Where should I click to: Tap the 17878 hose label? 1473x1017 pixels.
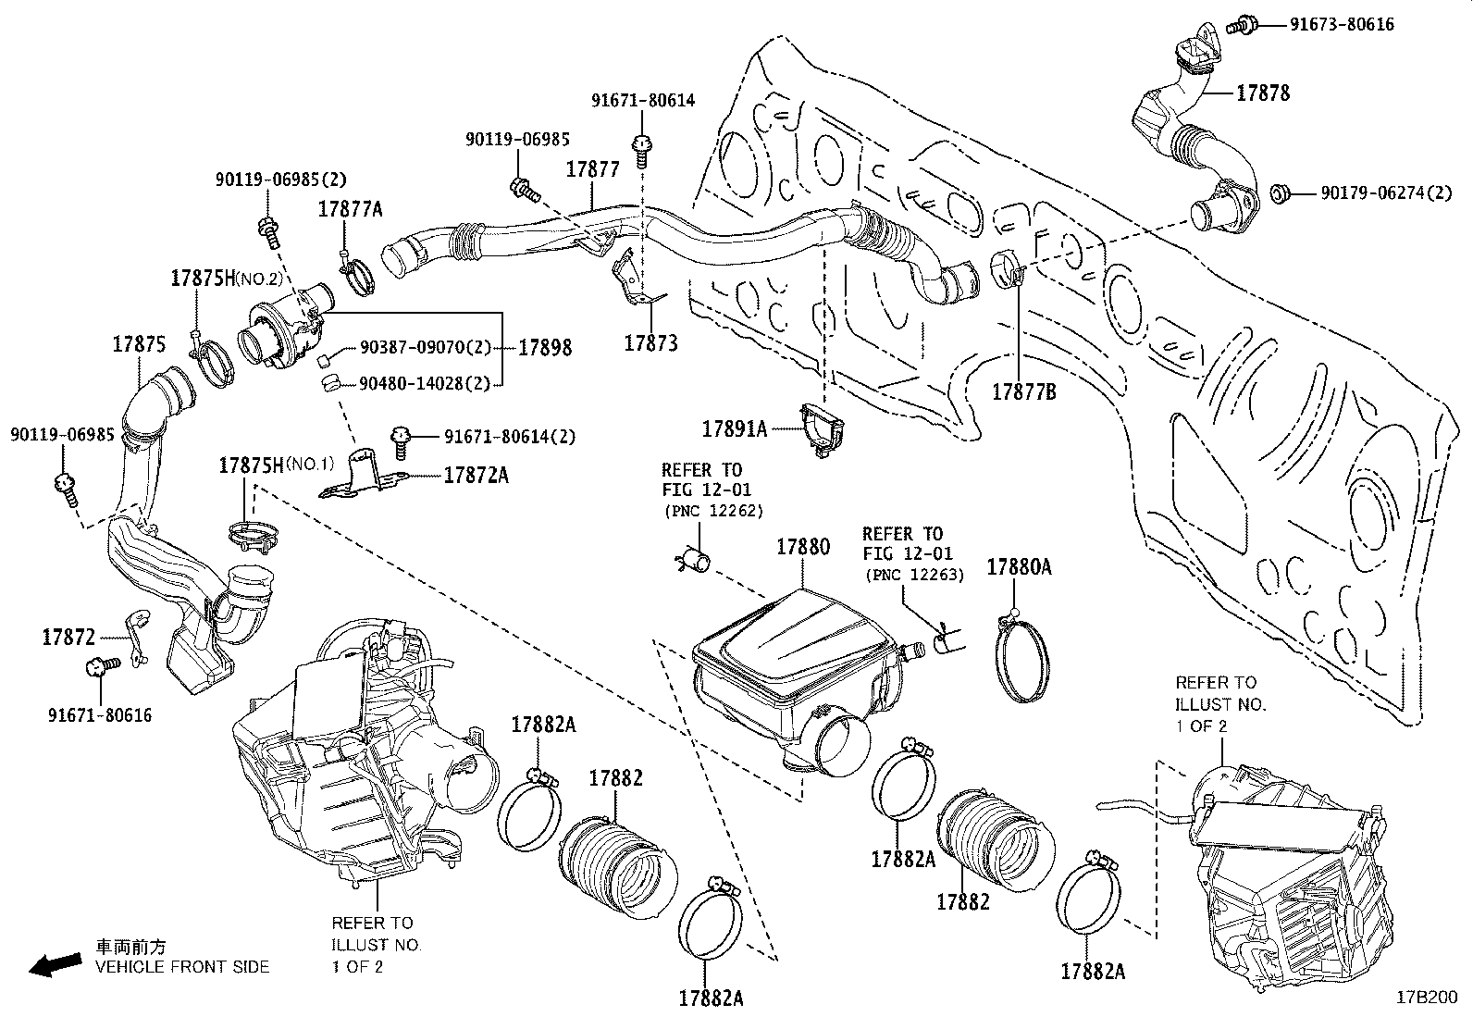pos(1263,93)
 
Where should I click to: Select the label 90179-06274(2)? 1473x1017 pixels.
pos(1373,193)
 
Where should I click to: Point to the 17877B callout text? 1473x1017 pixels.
pos(1023,391)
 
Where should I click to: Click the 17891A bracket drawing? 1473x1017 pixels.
pos(823,428)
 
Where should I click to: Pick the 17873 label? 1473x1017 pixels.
pos(650,343)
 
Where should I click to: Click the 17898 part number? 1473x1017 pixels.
pos(545,348)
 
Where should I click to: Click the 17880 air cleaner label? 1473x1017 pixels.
pos(802,547)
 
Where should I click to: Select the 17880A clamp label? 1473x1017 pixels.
pos(1019,567)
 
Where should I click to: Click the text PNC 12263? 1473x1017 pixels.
pos(914,575)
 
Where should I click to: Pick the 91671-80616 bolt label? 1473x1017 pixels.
pos(99,715)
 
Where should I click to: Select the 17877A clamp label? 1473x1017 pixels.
pos(350,209)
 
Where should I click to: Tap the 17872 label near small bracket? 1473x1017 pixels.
pos(68,637)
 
